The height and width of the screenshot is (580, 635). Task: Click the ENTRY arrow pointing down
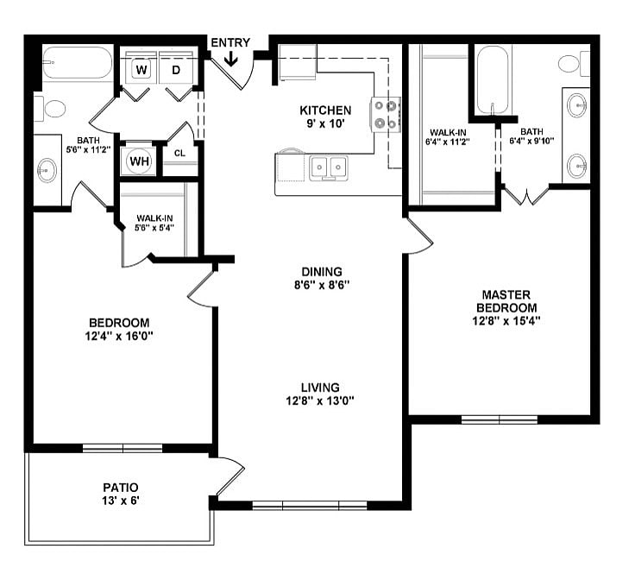(x=231, y=59)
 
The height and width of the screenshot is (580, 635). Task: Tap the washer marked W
(x=141, y=70)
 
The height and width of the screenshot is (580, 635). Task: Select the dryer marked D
(x=176, y=70)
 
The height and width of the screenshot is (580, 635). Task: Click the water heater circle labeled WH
(x=139, y=161)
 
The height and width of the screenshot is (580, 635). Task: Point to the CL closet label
(x=179, y=153)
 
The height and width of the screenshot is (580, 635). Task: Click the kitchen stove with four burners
(x=385, y=115)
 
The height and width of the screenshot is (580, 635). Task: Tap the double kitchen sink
(x=328, y=167)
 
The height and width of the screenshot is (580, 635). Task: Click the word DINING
(x=322, y=271)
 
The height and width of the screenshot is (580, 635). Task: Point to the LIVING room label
(x=320, y=388)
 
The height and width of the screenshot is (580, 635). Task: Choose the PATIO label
(x=121, y=488)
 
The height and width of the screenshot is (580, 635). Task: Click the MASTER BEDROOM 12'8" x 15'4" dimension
(x=506, y=321)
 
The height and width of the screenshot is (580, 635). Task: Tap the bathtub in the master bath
(x=492, y=80)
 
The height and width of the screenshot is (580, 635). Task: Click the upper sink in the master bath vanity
(x=577, y=105)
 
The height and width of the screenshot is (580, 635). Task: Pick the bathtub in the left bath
(x=78, y=63)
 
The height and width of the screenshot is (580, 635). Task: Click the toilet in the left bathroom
(x=50, y=108)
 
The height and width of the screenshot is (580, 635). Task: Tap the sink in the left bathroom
(x=47, y=171)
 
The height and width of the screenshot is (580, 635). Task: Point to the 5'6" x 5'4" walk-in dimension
(x=154, y=228)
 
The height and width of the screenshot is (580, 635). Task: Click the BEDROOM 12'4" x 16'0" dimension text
(x=119, y=336)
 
